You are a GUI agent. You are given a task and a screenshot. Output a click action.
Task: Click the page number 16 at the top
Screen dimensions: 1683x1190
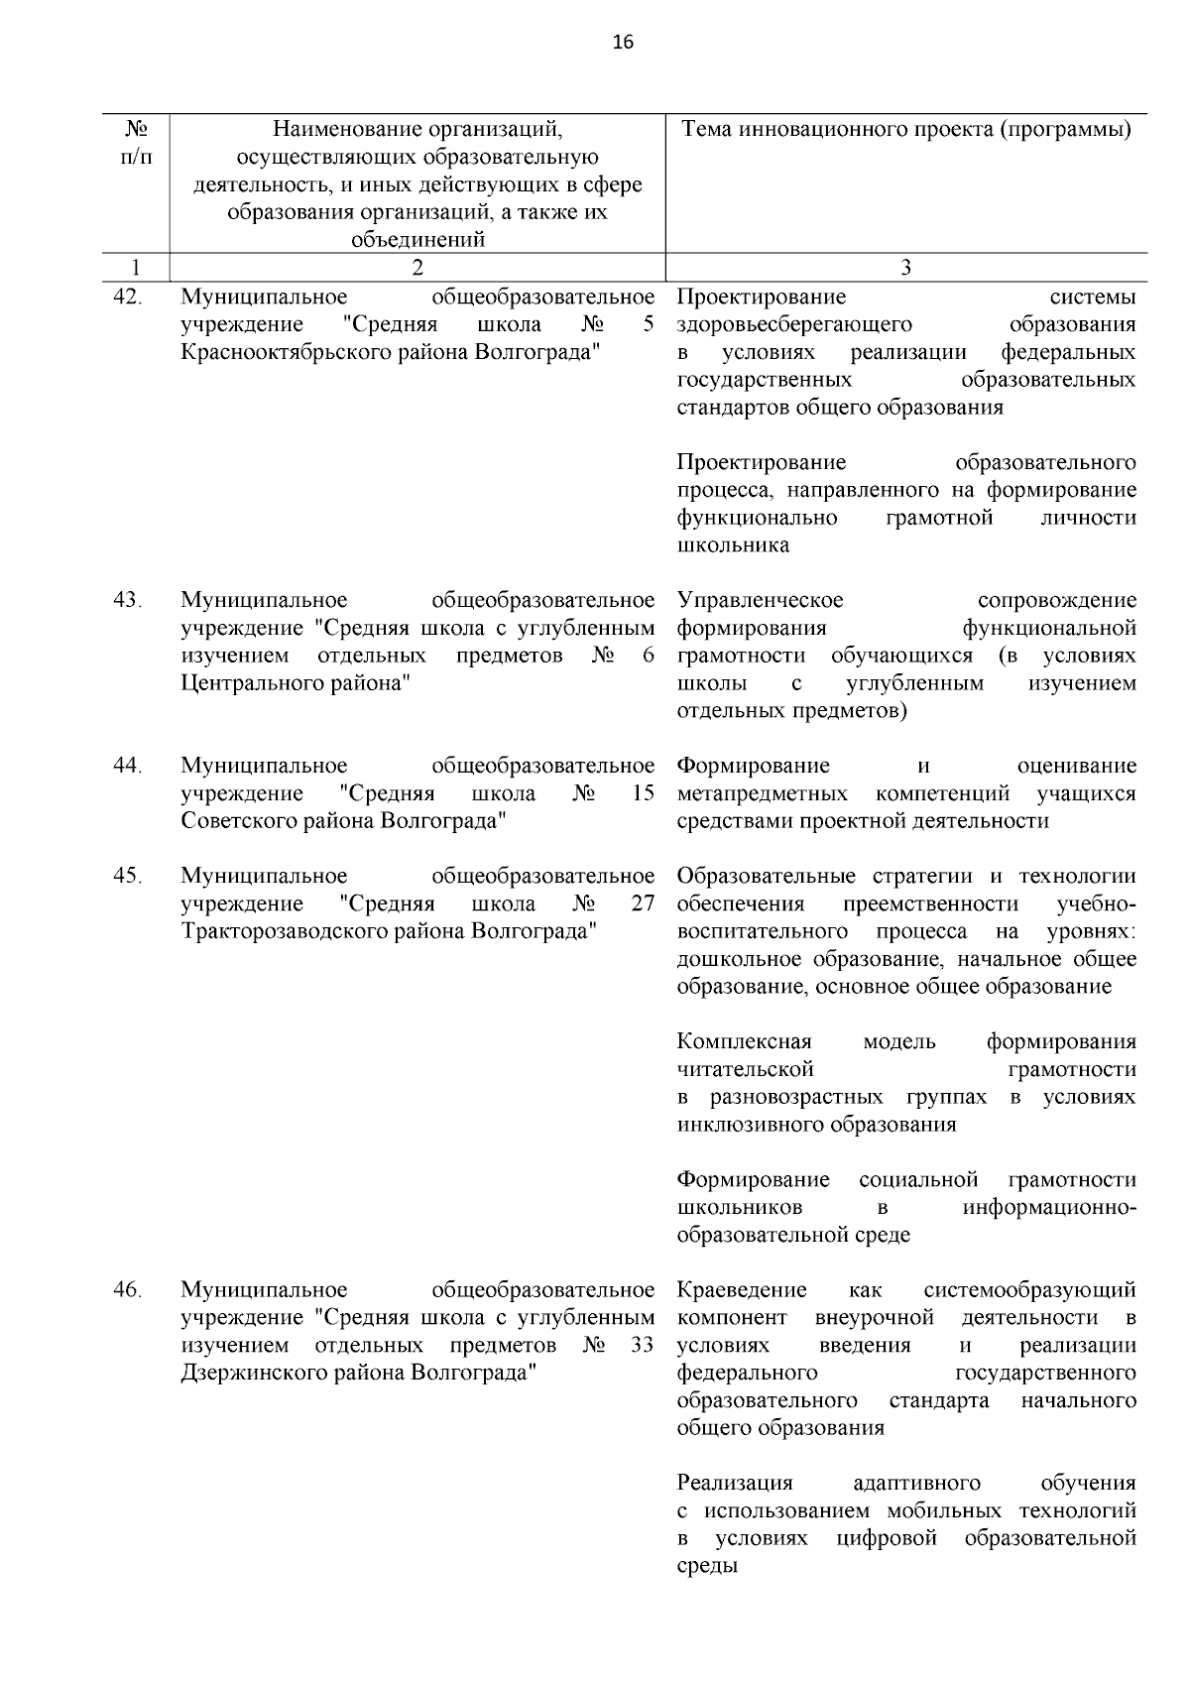click(x=623, y=42)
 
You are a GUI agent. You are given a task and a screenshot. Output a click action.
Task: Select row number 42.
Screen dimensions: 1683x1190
click(x=128, y=297)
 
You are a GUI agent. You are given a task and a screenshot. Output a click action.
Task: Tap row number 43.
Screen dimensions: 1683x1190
click(x=128, y=600)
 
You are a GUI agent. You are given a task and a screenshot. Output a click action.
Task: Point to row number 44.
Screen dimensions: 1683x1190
click(x=128, y=766)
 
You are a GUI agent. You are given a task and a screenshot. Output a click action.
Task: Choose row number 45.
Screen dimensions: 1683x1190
click(x=128, y=876)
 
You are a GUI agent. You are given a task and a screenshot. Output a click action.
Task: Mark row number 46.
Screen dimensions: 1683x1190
click(x=128, y=1289)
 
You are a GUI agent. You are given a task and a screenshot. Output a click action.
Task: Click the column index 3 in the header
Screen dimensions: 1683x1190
click(x=904, y=267)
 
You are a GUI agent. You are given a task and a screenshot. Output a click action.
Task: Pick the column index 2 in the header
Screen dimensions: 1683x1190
click(x=416, y=267)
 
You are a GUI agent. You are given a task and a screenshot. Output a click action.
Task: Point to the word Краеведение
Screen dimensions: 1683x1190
click(x=742, y=1289)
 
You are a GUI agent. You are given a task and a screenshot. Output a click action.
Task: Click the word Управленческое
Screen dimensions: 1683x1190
click(x=761, y=600)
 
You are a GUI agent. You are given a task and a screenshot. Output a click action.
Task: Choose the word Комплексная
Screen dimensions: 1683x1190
click(x=745, y=1041)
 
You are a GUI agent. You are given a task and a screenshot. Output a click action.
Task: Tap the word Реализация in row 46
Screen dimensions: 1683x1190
click(x=735, y=1483)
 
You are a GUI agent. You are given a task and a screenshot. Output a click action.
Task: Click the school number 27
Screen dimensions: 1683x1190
click(x=643, y=903)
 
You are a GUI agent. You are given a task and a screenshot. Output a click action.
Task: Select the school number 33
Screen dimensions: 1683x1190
click(x=643, y=1345)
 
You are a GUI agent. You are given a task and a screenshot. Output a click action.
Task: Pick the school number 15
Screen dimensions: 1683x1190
click(x=643, y=793)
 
